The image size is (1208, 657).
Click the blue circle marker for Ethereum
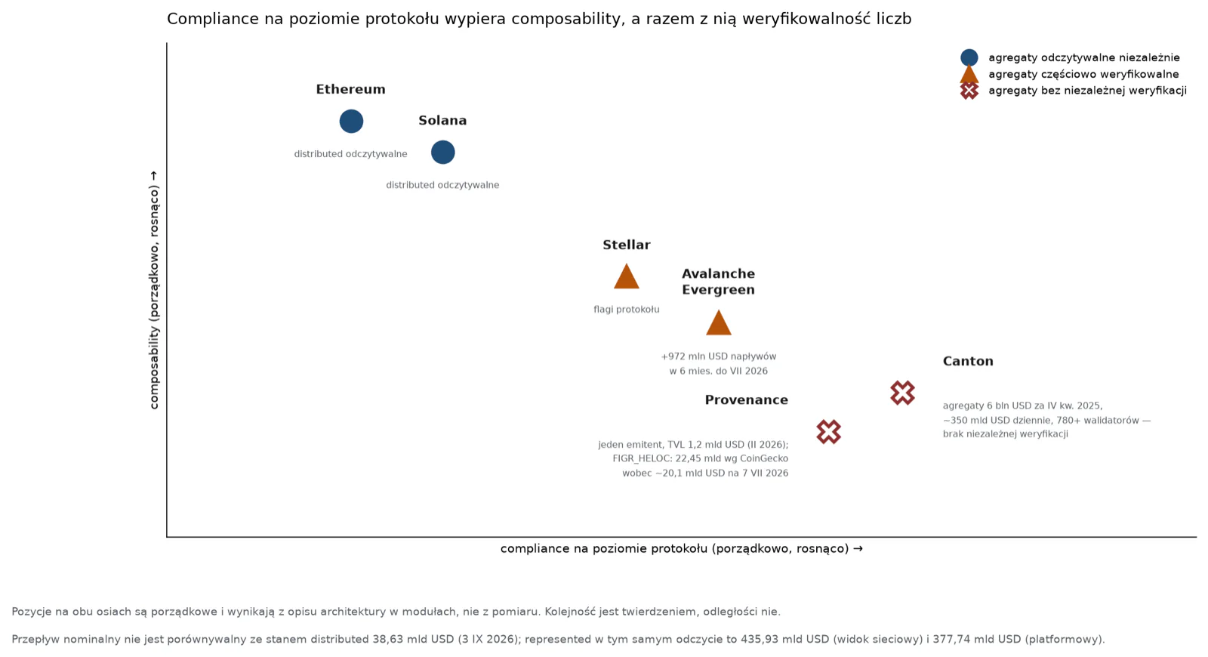click(351, 121)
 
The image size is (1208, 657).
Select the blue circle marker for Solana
click(442, 152)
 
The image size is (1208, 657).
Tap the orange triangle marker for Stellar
click(626, 276)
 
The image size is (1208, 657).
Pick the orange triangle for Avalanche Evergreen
click(718, 322)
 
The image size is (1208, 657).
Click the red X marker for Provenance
click(829, 432)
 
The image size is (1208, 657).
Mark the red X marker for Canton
click(903, 393)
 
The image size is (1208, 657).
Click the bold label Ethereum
click(350, 90)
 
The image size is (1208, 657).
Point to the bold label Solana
click(442, 120)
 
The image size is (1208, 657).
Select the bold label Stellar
click(626, 245)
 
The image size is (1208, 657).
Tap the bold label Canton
click(968, 362)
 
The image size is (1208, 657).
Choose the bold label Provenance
click(747, 400)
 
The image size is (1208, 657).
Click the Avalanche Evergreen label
click(718, 282)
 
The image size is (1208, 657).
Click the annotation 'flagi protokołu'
click(626, 310)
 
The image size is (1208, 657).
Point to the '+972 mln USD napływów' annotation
click(718, 356)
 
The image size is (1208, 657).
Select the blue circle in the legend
click(969, 57)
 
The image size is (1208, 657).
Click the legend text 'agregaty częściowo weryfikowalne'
click(1083, 75)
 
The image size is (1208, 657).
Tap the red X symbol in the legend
click(969, 91)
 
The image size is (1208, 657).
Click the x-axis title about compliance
click(682, 548)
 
